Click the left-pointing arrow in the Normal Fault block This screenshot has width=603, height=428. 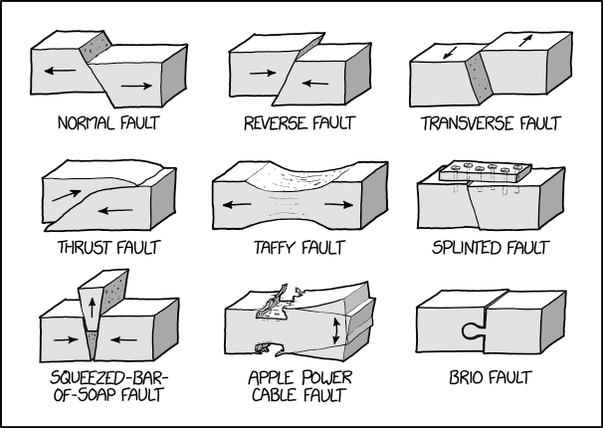[x=60, y=72]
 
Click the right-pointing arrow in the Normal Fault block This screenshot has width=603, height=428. [x=135, y=87]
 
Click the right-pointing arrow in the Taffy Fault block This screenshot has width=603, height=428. [x=337, y=203]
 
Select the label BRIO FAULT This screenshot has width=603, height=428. [x=488, y=378]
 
